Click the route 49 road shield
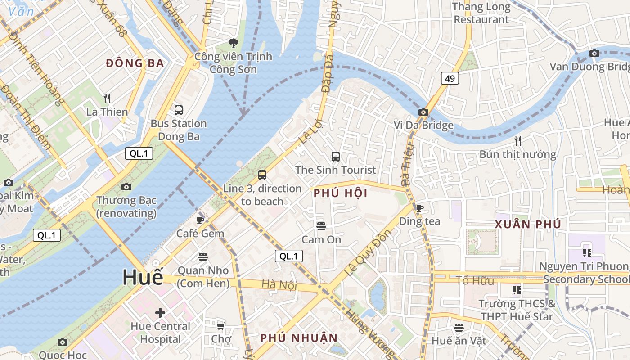(450, 79)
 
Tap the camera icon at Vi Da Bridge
(423, 112)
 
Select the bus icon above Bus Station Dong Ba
(179, 110)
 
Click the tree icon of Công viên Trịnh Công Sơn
(233, 43)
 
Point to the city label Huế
(143, 278)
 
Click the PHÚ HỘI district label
(341, 193)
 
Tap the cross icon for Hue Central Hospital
(160, 312)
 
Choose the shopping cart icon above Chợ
(220, 325)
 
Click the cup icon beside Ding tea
(419, 207)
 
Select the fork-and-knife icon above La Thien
(107, 98)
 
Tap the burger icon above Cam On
(321, 226)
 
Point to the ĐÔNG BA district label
(135, 63)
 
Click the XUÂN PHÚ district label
(528, 224)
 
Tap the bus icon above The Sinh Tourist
(336, 157)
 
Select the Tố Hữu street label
(475, 281)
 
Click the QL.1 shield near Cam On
(289, 256)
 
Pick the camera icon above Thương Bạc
(126, 187)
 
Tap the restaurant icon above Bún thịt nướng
(518, 141)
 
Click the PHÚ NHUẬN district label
(299, 337)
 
